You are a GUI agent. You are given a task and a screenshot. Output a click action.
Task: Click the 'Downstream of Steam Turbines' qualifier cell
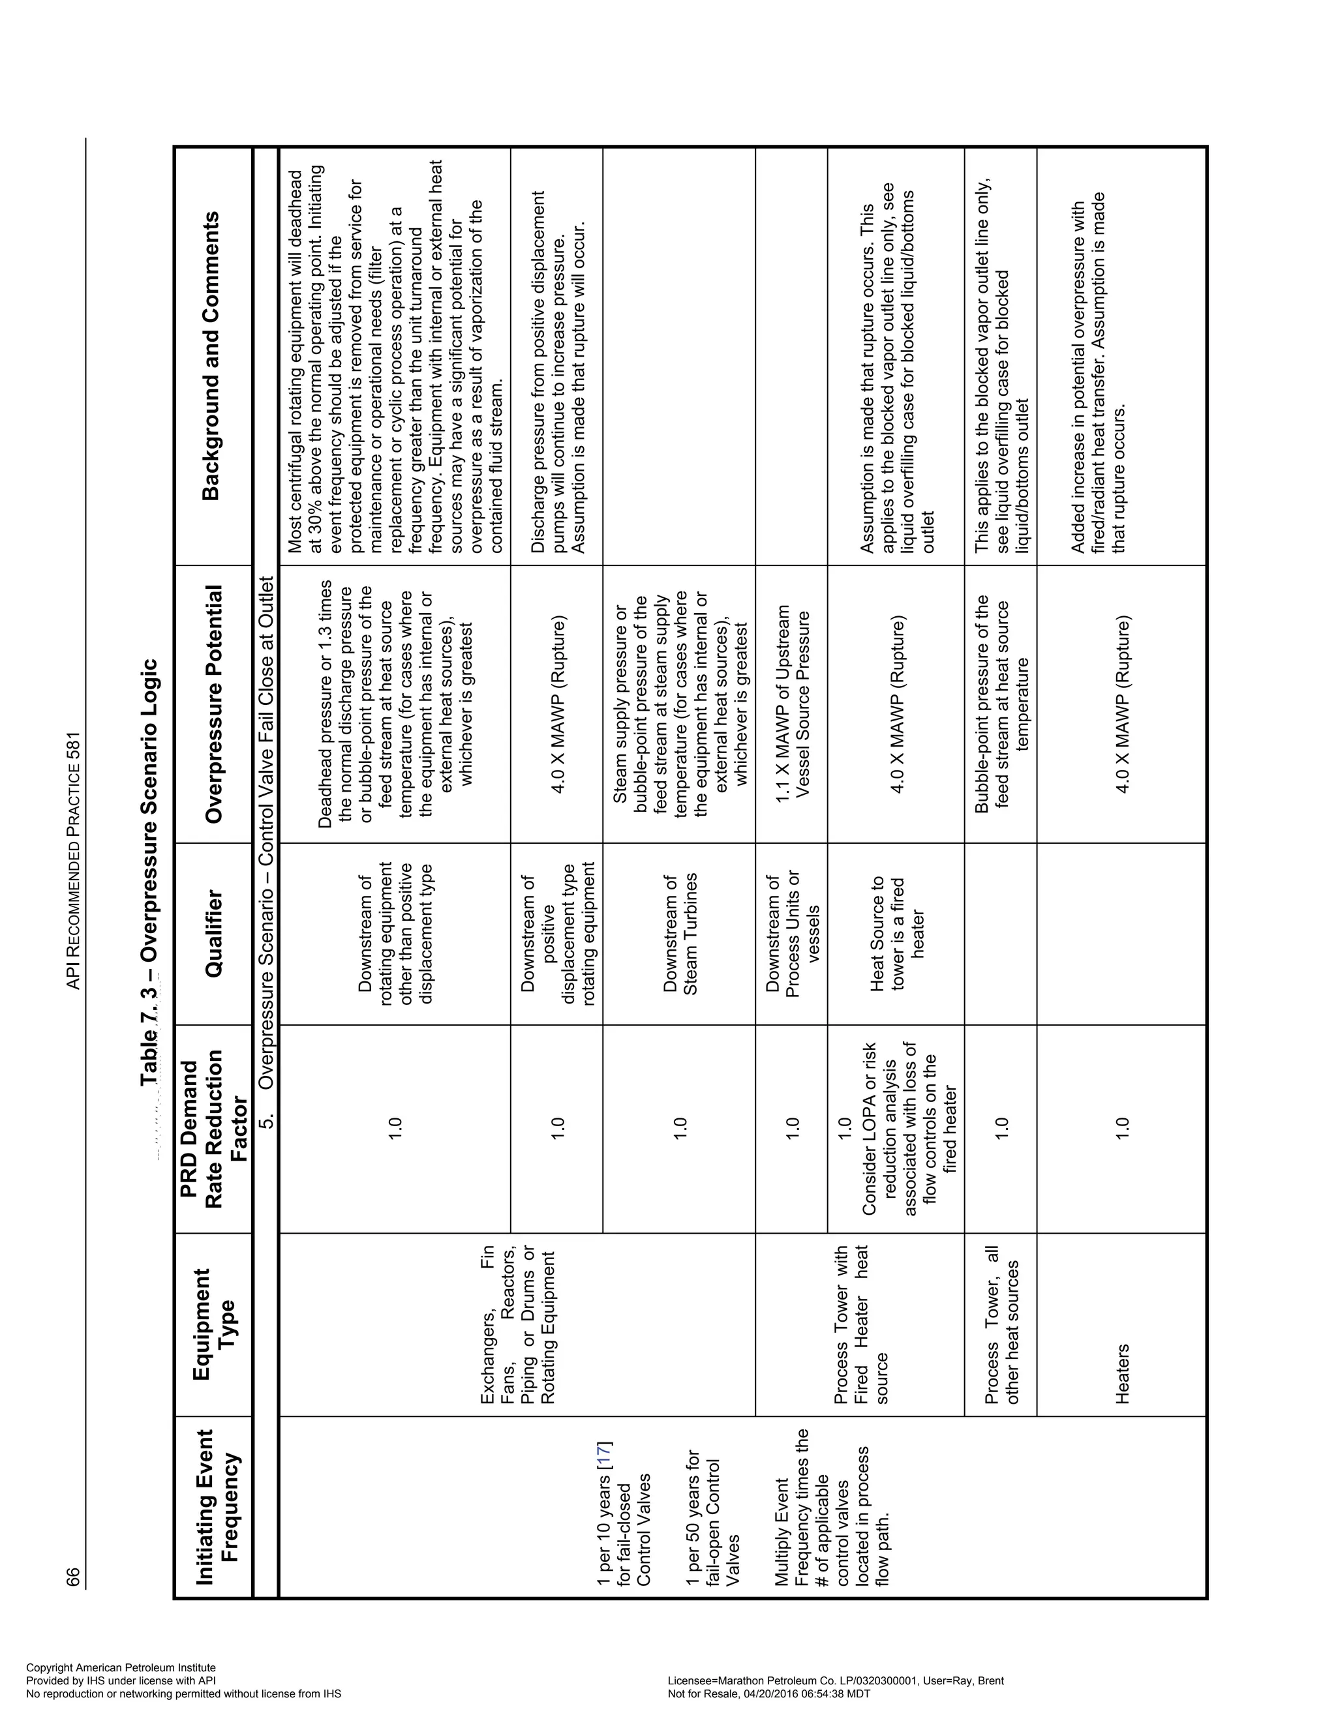[x=680, y=934]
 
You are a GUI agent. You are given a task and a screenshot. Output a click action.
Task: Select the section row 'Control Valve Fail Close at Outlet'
[x=266, y=831]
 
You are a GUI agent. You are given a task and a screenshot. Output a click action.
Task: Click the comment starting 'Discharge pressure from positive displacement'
[x=557, y=372]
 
